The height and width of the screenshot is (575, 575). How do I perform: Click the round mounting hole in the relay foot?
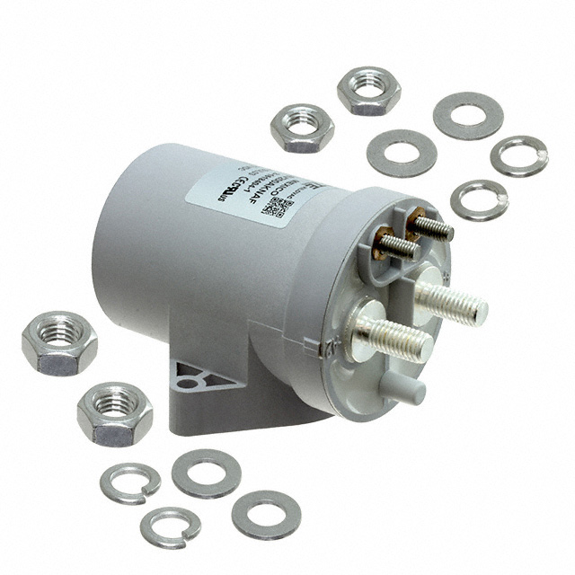[x=187, y=381]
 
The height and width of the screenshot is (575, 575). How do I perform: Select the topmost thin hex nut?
[x=369, y=90]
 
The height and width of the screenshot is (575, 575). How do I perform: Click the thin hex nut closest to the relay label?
[x=303, y=128]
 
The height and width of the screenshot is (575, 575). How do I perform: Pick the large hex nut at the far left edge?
[x=59, y=342]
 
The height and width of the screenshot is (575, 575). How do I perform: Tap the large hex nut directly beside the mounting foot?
[x=115, y=414]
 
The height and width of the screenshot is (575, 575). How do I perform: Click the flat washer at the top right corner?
[x=467, y=116]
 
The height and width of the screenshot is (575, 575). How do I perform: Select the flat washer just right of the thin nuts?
[x=402, y=153]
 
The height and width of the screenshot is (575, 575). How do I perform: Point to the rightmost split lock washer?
[x=519, y=155]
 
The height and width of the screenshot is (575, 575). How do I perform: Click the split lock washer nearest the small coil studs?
[x=478, y=199]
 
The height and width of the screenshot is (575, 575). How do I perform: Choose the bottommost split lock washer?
[x=171, y=527]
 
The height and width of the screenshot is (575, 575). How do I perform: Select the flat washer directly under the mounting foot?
[x=206, y=473]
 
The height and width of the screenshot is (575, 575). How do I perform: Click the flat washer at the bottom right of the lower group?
[x=266, y=514]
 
